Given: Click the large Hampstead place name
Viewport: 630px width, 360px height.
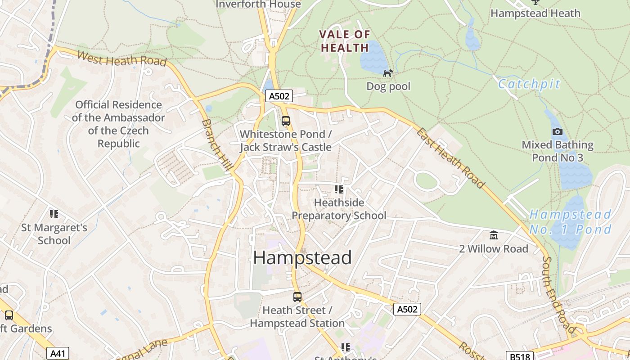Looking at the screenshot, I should point(302,258).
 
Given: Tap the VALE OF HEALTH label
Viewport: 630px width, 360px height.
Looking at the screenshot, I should point(345,41).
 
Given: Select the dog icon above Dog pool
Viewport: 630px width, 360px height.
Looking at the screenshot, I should point(388,73).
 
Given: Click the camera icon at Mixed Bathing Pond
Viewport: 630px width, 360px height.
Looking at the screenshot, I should point(558,132).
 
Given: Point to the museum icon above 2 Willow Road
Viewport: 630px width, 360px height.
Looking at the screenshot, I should point(494,235).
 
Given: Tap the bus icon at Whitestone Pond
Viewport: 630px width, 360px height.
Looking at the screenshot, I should point(286,121).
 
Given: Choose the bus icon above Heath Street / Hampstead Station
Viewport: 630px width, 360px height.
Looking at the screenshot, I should point(297,297).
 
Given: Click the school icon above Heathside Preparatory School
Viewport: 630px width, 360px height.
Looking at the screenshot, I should point(339,189).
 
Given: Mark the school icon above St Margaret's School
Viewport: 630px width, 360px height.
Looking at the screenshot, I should point(54,214).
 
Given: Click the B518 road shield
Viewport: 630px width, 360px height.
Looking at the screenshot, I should point(519,356).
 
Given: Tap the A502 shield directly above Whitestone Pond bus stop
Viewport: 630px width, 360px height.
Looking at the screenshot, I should point(279,96).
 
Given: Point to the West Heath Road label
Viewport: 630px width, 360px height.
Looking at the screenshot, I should point(121,58).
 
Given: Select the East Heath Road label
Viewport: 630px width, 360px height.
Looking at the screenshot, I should point(450,158).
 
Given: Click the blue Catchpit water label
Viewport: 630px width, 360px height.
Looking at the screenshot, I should point(529,84).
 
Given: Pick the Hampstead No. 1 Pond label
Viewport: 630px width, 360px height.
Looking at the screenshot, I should point(570,222).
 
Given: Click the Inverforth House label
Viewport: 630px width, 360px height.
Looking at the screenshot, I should point(258,4).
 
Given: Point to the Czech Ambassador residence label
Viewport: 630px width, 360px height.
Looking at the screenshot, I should point(118,124).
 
